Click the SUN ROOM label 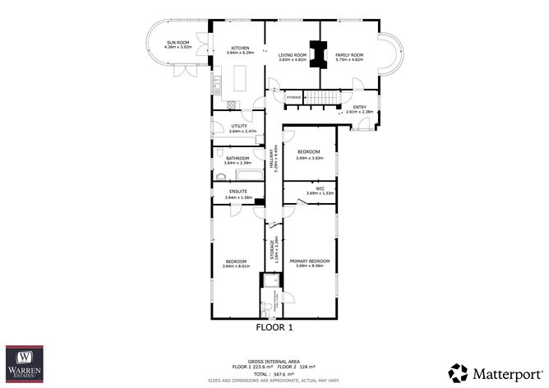click(x=178, y=42)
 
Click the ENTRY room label click(x=359, y=108)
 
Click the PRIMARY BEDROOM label click(x=311, y=261)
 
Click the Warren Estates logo click(x=25, y=363)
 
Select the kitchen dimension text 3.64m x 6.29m click(x=240, y=53)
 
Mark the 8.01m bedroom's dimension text click(x=237, y=266)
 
